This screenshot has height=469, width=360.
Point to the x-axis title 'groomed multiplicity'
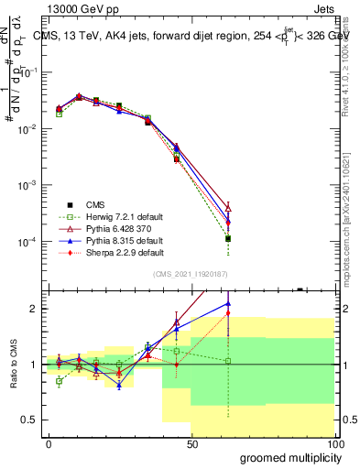pyautogui.click(x=286, y=457)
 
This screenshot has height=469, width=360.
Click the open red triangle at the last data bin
pyautogui.click(x=228, y=208)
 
